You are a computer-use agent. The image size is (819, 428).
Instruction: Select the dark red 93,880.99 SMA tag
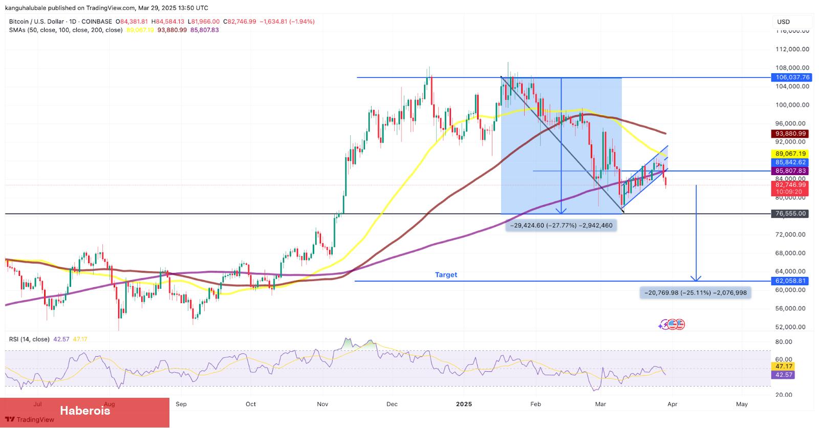coord(790,134)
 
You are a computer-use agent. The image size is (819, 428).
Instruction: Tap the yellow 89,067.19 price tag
coord(790,154)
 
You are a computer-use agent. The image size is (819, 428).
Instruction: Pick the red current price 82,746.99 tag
coord(790,185)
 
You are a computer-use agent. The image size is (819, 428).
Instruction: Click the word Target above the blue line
coord(446,275)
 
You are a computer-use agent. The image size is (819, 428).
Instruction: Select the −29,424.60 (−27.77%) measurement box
coord(561,225)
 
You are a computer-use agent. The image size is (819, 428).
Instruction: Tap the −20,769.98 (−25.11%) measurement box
coord(695,293)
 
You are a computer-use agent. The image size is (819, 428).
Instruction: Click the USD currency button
coord(784,22)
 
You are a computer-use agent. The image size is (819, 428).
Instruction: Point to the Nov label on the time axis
coord(322,404)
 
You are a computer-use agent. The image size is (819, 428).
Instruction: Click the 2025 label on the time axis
coord(464,404)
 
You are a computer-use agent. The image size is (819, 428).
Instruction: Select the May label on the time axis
coord(742,404)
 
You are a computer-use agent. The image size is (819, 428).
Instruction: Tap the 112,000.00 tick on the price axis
coord(792,49)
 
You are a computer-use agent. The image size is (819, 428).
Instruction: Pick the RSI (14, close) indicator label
coord(29,339)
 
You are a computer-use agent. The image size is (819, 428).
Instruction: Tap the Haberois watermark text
coord(85,411)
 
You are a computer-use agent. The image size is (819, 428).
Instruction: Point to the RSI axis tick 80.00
coord(784,341)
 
